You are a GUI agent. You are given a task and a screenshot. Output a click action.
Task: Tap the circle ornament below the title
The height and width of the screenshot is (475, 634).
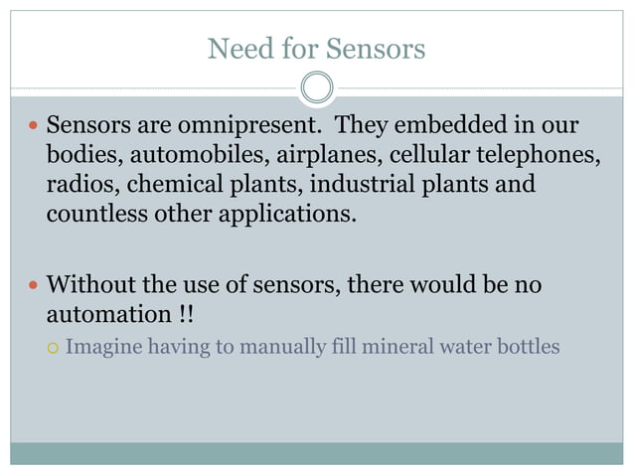pos(317,87)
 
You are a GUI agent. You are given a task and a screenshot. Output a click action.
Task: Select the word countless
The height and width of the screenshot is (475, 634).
pos(90,212)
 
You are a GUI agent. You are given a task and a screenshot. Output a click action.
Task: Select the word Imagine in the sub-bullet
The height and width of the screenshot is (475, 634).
pos(102,348)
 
